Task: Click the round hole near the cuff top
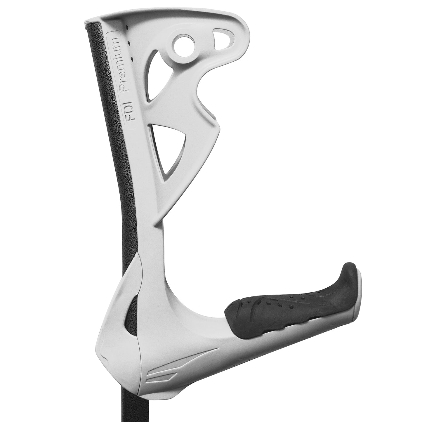(183, 45)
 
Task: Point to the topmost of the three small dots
(127, 28)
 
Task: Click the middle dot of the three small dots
(129, 44)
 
